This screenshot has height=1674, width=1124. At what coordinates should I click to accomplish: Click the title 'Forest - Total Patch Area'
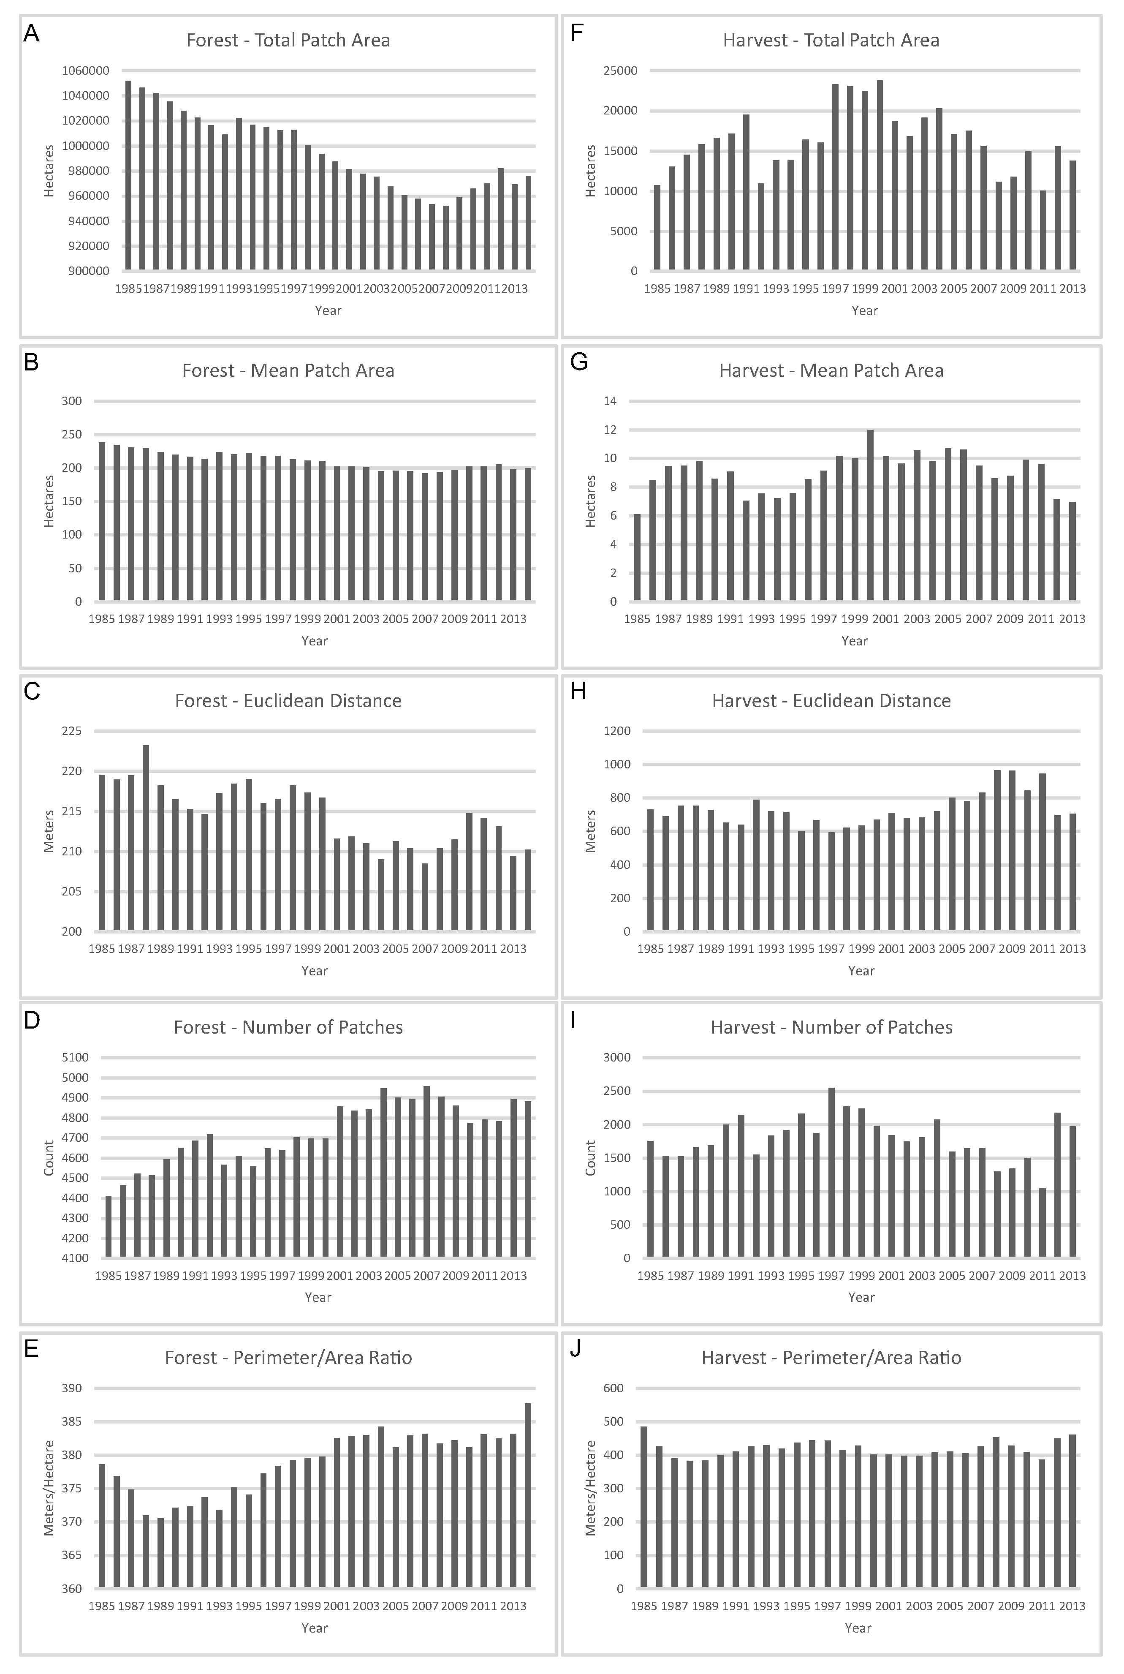[x=288, y=40]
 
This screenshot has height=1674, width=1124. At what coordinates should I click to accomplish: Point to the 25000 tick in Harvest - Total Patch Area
[x=623, y=70]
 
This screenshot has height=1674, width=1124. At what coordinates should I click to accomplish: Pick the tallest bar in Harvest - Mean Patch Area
[x=870, y=515]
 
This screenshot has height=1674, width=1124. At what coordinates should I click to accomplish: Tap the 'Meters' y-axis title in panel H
[x=591, y=831]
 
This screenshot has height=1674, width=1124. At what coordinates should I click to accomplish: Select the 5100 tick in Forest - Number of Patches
[x=76, y=1057]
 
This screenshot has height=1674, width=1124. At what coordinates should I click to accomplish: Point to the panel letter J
[x=575, y=1349]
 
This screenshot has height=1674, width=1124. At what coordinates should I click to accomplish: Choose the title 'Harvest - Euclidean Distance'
[x=831, y=700]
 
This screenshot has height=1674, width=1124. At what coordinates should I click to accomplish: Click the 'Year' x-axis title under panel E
[x=315, y=1628]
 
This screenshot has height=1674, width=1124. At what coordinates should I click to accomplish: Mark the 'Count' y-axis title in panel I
[x=591, y=1158]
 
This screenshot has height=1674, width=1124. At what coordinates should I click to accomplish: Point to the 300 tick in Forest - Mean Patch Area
[x=72, y=401]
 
